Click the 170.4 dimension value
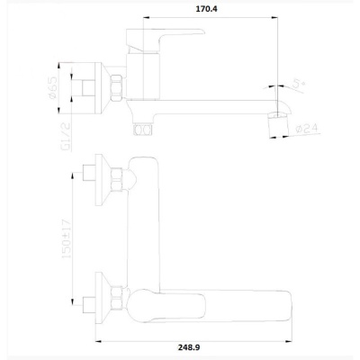click(x=206, y=9)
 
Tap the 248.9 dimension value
click(x=189, y=347)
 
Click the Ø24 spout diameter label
click(x=307, y=129)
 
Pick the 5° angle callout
click(x=298, y=83)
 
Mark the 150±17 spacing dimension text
click(x=66, y=238)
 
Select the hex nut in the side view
click(x=117, y=87)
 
